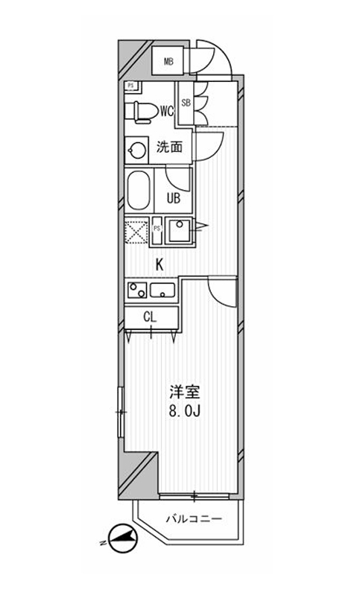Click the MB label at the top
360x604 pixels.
169,61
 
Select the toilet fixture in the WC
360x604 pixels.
142,111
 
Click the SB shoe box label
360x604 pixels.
186,104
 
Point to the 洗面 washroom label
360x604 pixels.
169,147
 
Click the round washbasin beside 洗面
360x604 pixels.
136,150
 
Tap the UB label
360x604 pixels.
173,199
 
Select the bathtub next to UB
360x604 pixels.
139,191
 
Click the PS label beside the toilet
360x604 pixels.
130,86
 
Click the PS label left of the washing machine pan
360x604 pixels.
158,229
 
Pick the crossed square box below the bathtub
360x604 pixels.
137,232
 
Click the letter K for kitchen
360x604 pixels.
159,264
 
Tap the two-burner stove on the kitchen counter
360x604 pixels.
136,290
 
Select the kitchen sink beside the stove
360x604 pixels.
162,290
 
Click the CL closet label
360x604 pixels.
151,317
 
